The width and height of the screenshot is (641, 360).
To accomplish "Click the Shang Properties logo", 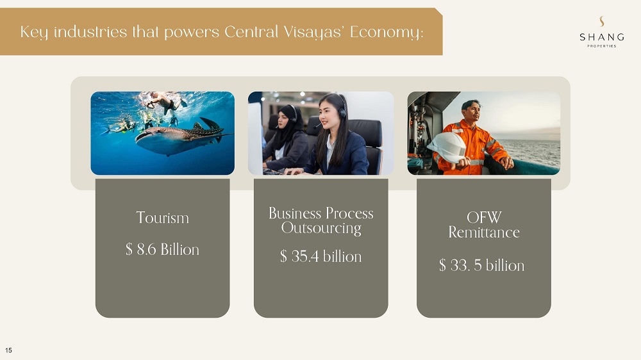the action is [602, 32].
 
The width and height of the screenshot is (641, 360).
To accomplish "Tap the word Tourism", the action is [162, 217].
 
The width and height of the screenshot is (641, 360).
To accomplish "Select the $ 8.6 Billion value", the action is [162, 249].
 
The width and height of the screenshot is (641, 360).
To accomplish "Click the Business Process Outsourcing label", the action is [321, 220].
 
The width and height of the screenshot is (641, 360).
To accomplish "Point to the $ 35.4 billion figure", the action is [321, 257].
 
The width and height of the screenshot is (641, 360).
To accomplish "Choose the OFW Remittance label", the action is [484, 225].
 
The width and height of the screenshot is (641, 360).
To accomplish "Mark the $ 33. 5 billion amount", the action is [481, 266].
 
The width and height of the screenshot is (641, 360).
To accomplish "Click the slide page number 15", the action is [8, 350].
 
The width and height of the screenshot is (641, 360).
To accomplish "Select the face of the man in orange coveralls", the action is [471, 112].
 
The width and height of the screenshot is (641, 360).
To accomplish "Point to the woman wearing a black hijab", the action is [286, 138].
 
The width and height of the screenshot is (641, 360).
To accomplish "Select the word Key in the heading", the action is [33, 32].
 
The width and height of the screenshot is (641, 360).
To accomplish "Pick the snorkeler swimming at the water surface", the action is [163, 101].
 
